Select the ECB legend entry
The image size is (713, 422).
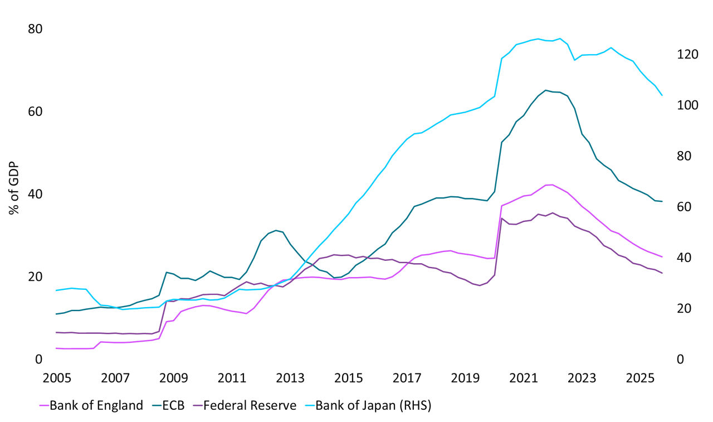(172, 405)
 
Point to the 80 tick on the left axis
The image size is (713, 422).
(35, 29)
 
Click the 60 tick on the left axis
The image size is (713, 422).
(35, 111)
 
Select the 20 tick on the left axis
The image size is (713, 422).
(35, 277)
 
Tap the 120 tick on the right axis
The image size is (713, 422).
(672, 55)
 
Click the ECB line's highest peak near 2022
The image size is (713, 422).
(545, 90)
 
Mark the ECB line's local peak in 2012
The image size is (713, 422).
(276, 230)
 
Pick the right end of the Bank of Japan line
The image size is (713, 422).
(662, 95)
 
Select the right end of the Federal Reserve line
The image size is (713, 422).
(662, 273)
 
